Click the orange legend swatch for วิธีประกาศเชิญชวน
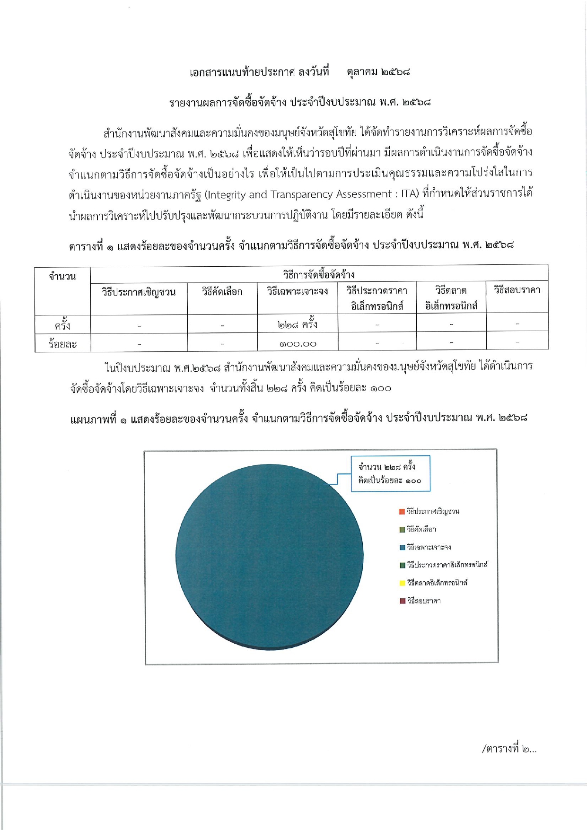(402, 512)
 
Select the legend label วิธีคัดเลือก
(421, 529)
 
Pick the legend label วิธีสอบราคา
(424, 601)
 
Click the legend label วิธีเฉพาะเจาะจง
(429, 547)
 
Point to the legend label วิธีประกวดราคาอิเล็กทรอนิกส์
(447, 565)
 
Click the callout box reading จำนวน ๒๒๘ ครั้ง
(390, 473)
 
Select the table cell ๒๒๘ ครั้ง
(298, 324)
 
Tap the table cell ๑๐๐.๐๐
(298, 344)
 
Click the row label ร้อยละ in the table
(62, 344)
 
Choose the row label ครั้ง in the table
(62, 325)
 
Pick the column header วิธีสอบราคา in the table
(517, 290)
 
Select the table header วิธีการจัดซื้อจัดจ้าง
(319, 275)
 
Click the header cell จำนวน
(62, 277)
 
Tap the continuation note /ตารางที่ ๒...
(509, 749)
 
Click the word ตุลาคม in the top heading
(362, 72)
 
